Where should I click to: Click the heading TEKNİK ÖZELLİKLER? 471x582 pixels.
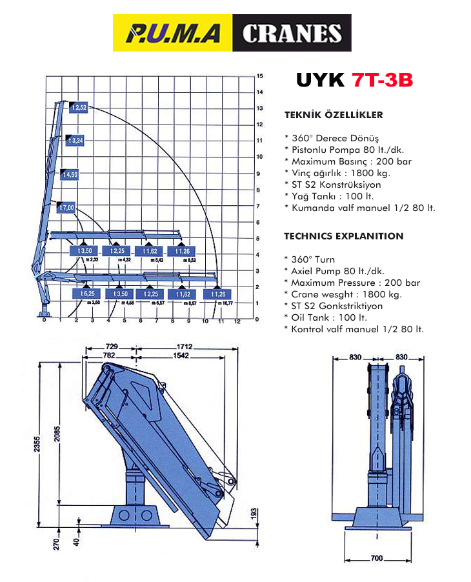point(334,115)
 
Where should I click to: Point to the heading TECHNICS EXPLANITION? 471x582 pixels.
point(344,236)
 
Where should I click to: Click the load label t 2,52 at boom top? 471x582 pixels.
point(79,107)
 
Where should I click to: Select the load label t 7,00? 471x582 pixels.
point(66,207)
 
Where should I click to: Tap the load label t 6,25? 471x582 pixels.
point(87,294)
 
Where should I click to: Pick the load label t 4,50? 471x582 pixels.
point(70,174)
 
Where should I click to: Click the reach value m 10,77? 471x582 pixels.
point(224,303)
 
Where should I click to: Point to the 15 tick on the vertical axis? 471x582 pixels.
point(259,75)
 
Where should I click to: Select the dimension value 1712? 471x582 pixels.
point(186,346)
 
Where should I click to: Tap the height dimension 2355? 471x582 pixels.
point(38,445)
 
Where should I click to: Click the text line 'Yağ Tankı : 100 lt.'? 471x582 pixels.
point(328,196)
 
